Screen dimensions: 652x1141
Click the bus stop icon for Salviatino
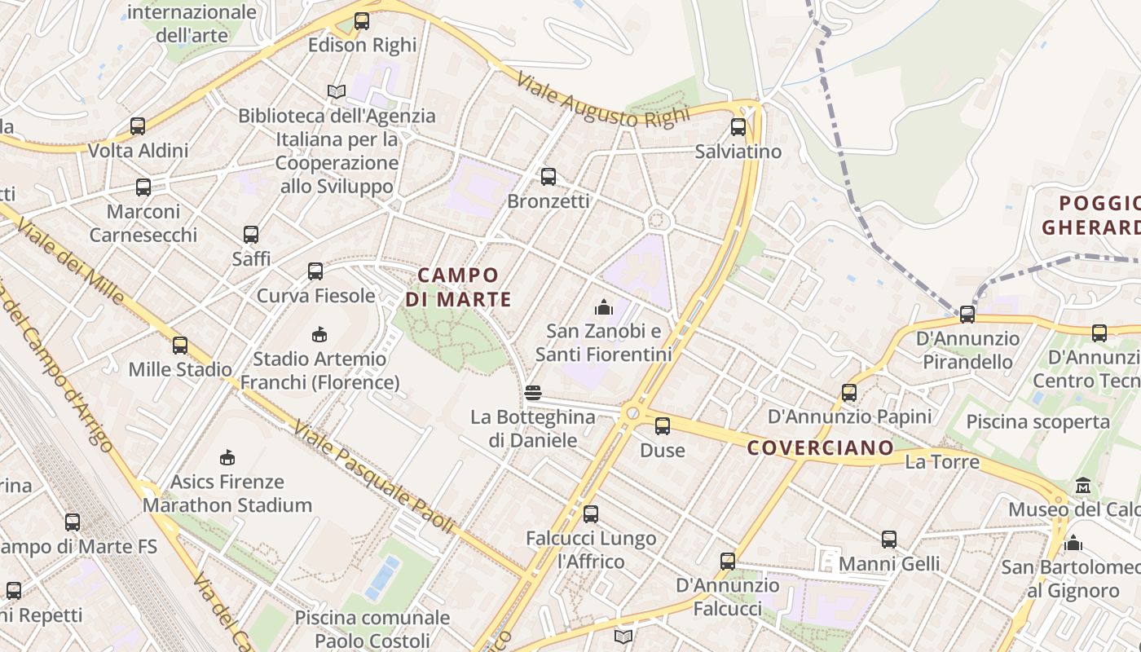(x=738, y=127)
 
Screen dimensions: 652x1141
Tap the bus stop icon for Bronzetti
(x=548, y=176)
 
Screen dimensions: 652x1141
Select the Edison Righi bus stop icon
(x=362, y=21)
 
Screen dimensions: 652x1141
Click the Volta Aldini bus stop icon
(x=138, y=126)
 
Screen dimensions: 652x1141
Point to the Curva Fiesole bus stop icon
(x=315, y=271)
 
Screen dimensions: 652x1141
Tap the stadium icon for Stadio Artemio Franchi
(x=319, y=334)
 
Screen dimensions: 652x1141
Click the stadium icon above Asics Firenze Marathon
(x=227, y=457)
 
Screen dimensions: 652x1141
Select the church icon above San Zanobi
(x=603, y=307)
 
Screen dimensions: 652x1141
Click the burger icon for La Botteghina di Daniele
(x=533, y=393)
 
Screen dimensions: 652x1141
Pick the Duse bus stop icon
(x=663, y=425)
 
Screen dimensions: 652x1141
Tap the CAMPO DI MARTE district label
(x=458, y=288)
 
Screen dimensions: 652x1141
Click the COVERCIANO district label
(x=821, y=447)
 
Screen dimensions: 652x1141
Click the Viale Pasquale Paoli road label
(x=374, y=478)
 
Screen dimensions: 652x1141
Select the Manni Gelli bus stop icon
(x=889, y=539)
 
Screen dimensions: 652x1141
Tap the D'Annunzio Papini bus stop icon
(x=849, y=393)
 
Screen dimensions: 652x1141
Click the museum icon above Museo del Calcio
(x=1083, y=485)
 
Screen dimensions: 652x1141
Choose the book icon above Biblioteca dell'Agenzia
(x=337, y=91)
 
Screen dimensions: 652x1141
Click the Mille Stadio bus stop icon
(x=180, y=345)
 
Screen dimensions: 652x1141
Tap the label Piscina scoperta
(x=1037, y=421)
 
